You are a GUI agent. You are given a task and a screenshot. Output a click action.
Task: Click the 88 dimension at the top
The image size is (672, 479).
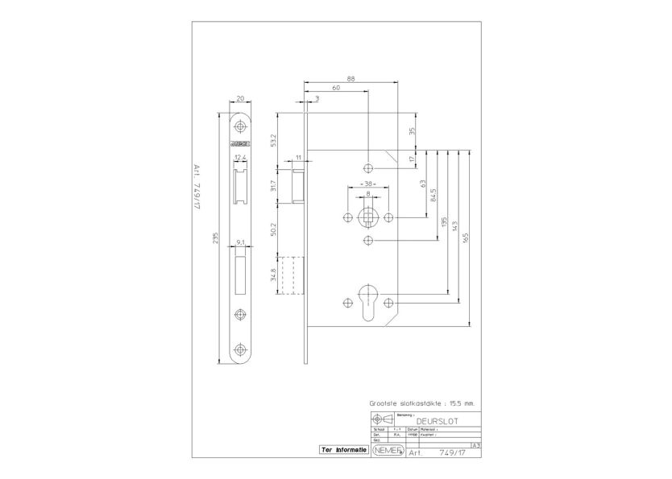(351, 78)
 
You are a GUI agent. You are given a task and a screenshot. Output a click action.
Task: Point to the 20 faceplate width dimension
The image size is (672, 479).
(241, 99)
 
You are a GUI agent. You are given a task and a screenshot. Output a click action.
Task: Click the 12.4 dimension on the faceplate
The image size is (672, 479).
(240, 158)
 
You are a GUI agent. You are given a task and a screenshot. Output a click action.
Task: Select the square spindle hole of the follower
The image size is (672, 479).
(368, 217)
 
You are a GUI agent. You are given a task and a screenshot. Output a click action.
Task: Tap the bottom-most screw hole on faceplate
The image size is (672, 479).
(241, 349)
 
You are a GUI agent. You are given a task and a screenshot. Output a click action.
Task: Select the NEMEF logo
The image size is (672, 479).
(388, 452)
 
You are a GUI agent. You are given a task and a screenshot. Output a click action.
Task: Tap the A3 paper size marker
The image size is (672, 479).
(475, 444)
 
